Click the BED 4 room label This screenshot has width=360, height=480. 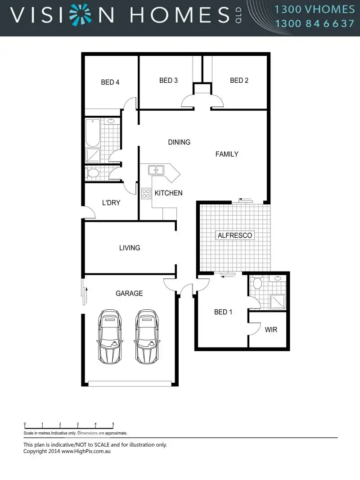110,82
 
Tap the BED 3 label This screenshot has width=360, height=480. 168,80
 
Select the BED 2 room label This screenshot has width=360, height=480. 239,80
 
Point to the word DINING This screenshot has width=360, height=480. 179,142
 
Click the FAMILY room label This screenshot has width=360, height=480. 227,154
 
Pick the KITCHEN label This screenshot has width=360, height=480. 169,193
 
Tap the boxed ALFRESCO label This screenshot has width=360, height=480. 235,235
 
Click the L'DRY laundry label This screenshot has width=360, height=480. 111,203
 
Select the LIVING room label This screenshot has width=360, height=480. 130,248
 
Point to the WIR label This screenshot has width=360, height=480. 271,330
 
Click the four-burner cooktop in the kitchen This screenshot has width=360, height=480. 146,194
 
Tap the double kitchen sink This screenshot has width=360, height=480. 156,170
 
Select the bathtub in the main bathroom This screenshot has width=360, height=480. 93,133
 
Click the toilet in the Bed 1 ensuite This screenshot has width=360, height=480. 257,283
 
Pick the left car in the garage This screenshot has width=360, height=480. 110,336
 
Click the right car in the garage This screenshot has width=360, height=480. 147,336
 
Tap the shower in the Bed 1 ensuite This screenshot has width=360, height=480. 278,302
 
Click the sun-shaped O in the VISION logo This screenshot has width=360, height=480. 80,14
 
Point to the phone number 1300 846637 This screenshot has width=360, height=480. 315,23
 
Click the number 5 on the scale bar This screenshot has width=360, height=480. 113,424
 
